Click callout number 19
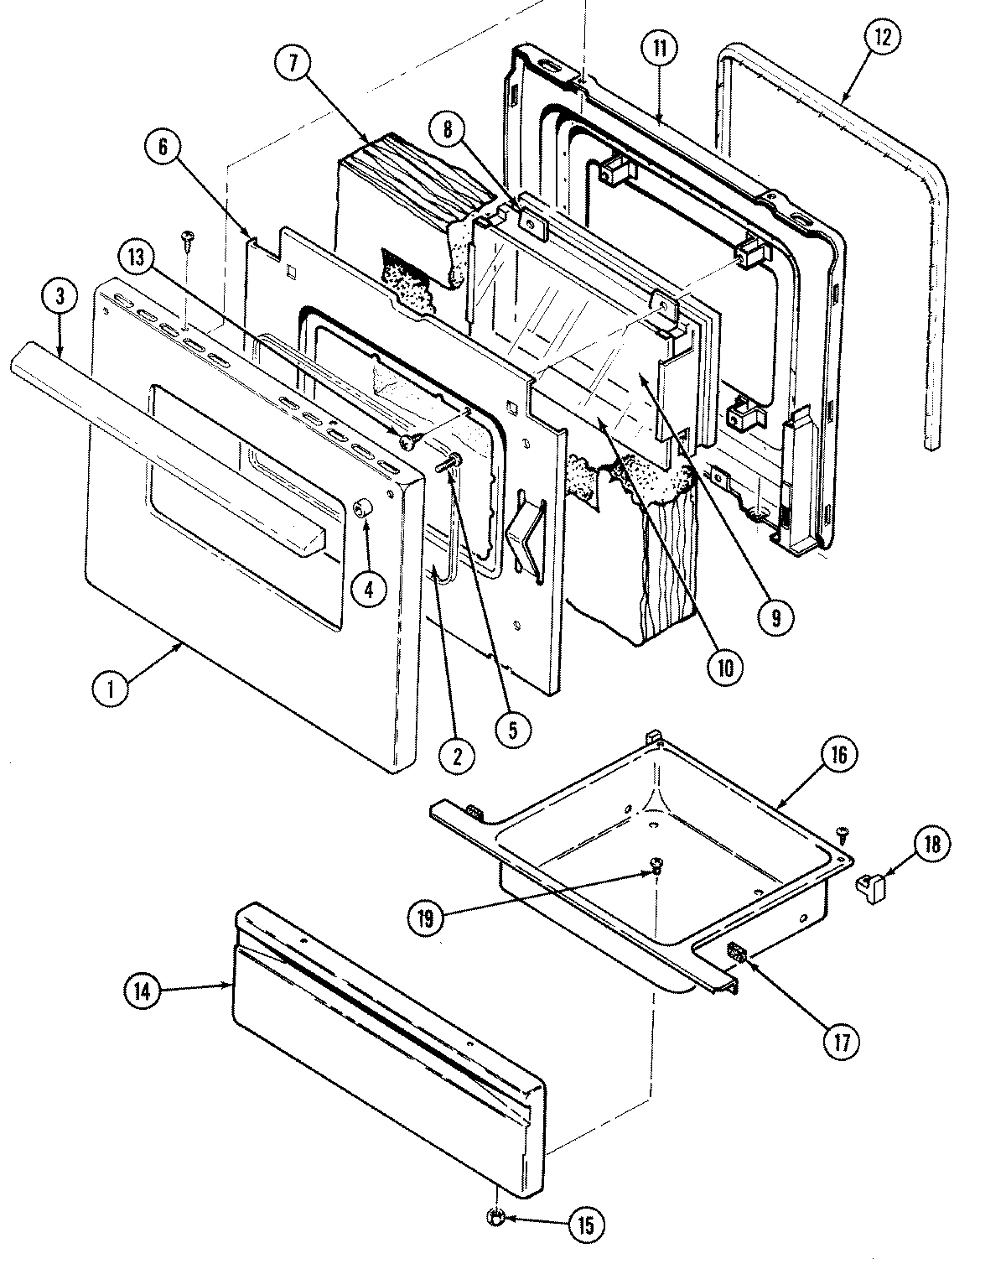point(427,918)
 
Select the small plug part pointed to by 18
point(869,887)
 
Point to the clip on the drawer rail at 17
point(735,952)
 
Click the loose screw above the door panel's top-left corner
point(188,238)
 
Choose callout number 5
point(512,728)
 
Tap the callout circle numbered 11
point(660,48)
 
